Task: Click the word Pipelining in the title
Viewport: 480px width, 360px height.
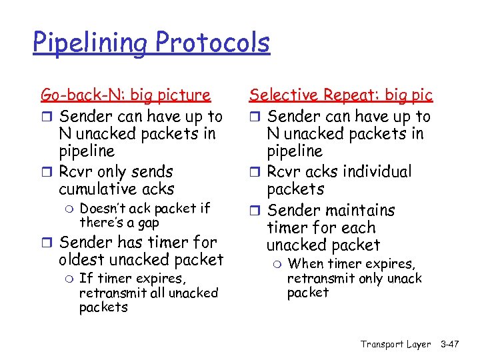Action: pos(91,43)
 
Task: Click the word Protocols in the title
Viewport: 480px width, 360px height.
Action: pos(213,42)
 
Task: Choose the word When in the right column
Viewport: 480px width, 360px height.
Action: pos(305,264)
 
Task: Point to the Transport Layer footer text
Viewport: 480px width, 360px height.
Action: pos(395,344)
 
